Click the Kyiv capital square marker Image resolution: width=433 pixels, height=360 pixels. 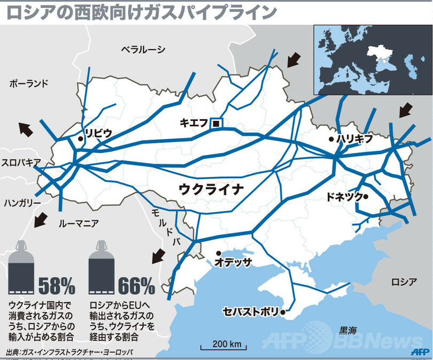[x=216, y=124]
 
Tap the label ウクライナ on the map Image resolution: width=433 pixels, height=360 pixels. [x=211, y=188]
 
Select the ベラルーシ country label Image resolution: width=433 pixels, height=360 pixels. [x=143, y=50]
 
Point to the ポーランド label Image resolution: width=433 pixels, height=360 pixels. [x=29, y=83]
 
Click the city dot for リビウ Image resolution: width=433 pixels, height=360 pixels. [x=80, y=139]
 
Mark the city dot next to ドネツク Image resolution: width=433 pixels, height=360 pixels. [x=366, y=196]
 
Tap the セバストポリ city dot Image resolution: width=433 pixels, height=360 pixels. [x=282, y=311]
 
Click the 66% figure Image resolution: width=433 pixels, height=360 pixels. [x=136, y=286]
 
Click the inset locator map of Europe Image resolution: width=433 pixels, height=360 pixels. [x=372, y=60]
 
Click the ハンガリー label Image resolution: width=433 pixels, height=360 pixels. [x=22, y=203]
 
